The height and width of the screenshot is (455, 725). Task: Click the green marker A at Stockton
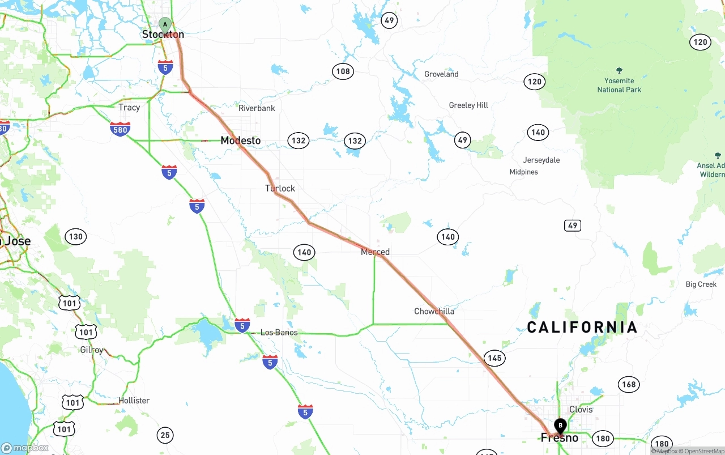tap(165, 25)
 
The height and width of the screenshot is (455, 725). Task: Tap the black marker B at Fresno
tap(560, 425)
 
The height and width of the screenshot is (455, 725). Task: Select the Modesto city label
tap(241, 141)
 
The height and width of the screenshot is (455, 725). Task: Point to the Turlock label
tap(280, 188)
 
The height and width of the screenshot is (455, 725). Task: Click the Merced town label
tap(375, 252)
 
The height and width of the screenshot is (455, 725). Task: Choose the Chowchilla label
tap(434, 311)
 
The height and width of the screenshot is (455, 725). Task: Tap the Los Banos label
tap(279, 333)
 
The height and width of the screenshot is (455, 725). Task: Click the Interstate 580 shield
tap(120, 129)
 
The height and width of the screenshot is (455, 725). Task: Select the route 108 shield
tap(343, 71)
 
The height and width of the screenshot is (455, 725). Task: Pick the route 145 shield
tap(494, 358)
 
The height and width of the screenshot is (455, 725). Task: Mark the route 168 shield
tap(629, 385)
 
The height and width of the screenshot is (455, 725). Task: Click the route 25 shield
tap(165, 435)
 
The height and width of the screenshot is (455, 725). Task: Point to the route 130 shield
tap(75, 237)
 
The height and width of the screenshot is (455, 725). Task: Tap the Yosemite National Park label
tap(619, 85)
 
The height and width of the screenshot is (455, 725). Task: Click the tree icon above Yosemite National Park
tap(619, 71)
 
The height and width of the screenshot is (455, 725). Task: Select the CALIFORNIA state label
tap(582, 327)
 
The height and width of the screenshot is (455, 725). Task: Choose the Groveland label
tap(441, 74)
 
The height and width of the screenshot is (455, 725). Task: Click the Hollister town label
tap(134, 401)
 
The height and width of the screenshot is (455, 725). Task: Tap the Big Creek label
tap(701, 284)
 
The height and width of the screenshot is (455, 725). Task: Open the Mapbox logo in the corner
tap(25, 448)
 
